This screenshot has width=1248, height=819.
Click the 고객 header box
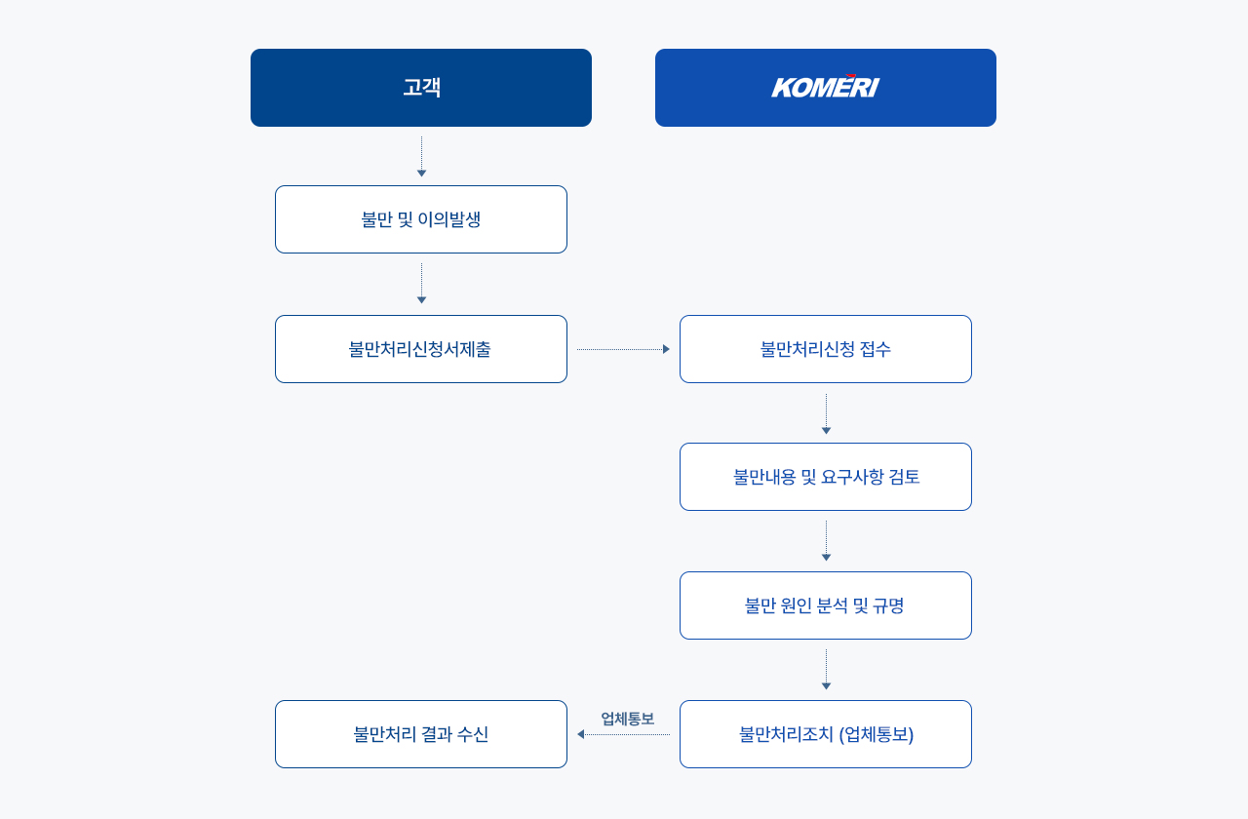pyautogui.click(x=420, y=88)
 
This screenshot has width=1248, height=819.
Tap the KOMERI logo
pyautogui.click(x=825, y=87)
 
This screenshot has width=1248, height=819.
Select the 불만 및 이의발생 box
pyautogui.click(x=420, y=219)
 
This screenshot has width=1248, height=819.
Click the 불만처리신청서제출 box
pyautogui.click(x=420, y=349)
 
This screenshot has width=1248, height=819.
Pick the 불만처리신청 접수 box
pyautogui.click(x=825, y=349)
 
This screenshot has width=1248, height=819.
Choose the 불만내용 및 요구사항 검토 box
pyautogui.click(x=825, y=477)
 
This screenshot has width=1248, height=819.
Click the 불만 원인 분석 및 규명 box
pyautogui.click(x=825, y=605)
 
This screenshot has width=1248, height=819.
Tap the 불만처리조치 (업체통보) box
pyautogui.click(x=825, y=734)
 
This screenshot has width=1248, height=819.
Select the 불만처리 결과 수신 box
pyautogui.click(x=420, y=734)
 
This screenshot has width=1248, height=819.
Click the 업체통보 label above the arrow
pyautogui.click(x=627, y=719)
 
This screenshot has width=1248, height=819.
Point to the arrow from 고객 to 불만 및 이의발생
pyautogui.click(x=421, y=157)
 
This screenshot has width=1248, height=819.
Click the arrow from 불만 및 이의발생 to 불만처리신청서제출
pyautogui.click(x=421, y=284)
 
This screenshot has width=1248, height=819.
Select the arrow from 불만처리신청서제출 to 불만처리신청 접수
pyautogui.click(x=623, y=349)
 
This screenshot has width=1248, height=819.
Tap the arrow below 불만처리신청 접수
pyautogui.click(x=826, y=414)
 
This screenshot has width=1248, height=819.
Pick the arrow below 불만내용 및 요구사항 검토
pyautogui.click(x=826, y=541)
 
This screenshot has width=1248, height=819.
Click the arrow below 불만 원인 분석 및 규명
pyautogui.click(x=826, y=670)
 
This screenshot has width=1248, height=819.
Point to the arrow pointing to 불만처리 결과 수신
pyautogui.click(x=623, y=734)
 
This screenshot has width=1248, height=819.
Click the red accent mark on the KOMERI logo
pyautogui.click(x=851, y=76)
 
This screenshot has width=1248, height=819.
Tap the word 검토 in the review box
pyautogui.click(x=904, y=477)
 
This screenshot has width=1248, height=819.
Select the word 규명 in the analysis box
pyautogui.click(x=888, y=605)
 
